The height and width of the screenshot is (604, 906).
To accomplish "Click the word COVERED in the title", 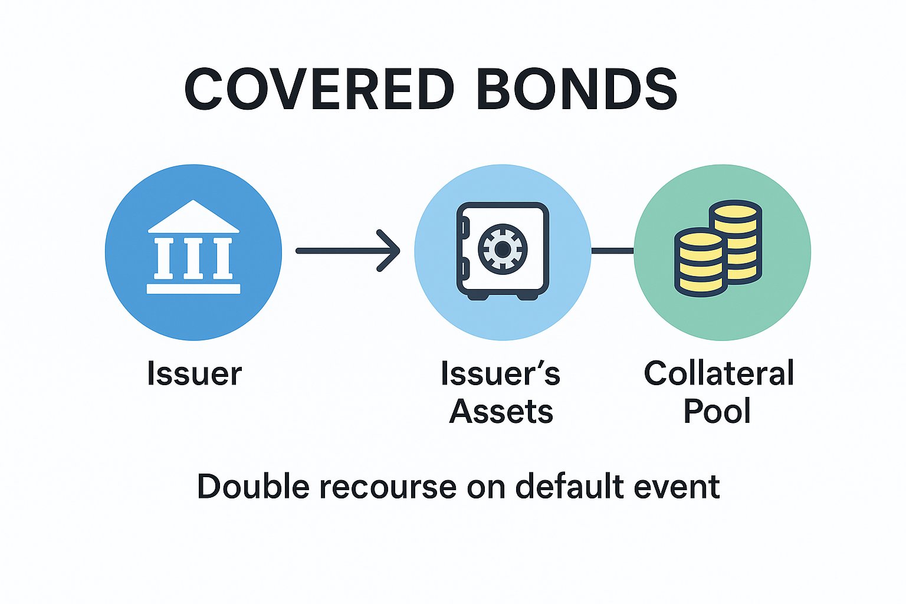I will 319,89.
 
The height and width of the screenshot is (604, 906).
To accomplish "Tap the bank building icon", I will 193,248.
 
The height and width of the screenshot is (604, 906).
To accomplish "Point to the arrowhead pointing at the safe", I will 389,251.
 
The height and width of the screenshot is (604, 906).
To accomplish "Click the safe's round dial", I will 502,250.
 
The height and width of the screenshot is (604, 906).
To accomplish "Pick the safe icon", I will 503,251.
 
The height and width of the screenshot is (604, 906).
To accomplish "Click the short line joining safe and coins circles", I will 612,251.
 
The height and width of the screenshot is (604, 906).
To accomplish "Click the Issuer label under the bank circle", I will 194,374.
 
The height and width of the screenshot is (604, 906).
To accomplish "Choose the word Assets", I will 501,411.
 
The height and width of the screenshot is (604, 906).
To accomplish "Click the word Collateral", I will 718,373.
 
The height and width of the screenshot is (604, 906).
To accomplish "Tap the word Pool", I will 717,411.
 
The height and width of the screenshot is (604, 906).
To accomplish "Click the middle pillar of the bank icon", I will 193,258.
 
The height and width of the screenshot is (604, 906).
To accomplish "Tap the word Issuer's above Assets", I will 500,374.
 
